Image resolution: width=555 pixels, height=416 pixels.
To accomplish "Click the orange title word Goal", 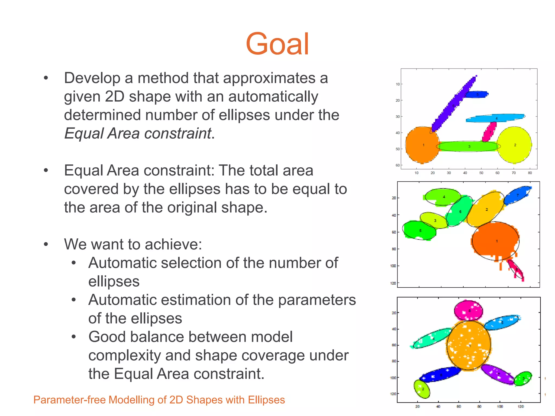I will click(x=277, y=44).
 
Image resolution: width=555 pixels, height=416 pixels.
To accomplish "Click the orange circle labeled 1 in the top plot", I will click(x=422, y=145).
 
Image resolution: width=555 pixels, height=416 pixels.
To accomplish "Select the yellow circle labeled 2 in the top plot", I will click(x=514, y=145).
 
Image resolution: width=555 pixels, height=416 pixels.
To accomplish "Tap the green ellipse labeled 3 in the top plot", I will click(x=468, y=146).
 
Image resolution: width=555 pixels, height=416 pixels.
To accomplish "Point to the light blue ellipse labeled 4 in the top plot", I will click(x=495, y=118).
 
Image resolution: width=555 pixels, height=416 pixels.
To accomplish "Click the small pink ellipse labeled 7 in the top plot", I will click(x=489, y=132).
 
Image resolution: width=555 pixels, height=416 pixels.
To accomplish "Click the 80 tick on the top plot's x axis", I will click(x=530, y=173).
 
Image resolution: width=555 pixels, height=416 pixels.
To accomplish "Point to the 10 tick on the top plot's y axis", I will click(x=398, y=84).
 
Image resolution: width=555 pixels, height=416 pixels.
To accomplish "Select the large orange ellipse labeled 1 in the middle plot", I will click(x=495, y=240).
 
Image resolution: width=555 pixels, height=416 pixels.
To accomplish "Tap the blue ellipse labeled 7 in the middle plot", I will click(x=517, y=195).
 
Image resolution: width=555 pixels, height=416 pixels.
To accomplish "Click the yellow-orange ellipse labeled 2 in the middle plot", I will click(x=486, y=209).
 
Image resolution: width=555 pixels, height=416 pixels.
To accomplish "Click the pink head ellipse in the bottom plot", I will click(x=468, y=311).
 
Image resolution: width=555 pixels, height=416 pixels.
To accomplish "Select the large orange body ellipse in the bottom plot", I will click(x=469, y=346).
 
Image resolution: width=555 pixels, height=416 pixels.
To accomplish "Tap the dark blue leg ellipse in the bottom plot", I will click(x=440, y=375).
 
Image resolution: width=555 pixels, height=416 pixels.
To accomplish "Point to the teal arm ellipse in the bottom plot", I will click(x=432, y=339).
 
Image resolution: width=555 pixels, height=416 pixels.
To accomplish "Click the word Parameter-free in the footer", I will click(x=69, y=400).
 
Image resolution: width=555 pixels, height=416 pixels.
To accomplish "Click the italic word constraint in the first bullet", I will click(x=178, y=134).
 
